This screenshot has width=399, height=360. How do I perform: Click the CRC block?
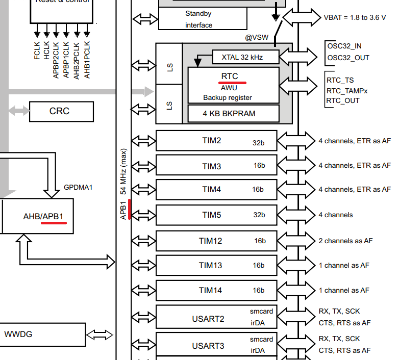pos(61,111)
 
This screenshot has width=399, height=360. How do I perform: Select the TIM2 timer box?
pos(216,141)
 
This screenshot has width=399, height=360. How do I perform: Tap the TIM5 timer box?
pos(216,215)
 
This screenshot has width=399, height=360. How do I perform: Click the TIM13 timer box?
pos(216,265)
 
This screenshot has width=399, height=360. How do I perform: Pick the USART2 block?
pos(216,319)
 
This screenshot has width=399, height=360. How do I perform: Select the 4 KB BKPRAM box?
pos(233,113)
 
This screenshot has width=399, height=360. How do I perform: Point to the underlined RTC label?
pos(230,76)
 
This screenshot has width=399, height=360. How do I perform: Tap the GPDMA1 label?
pos(78,187)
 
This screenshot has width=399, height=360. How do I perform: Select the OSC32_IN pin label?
pos(345,46)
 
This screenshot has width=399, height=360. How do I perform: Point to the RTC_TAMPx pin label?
pos(347,90)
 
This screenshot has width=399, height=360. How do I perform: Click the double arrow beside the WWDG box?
pos(99,335)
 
